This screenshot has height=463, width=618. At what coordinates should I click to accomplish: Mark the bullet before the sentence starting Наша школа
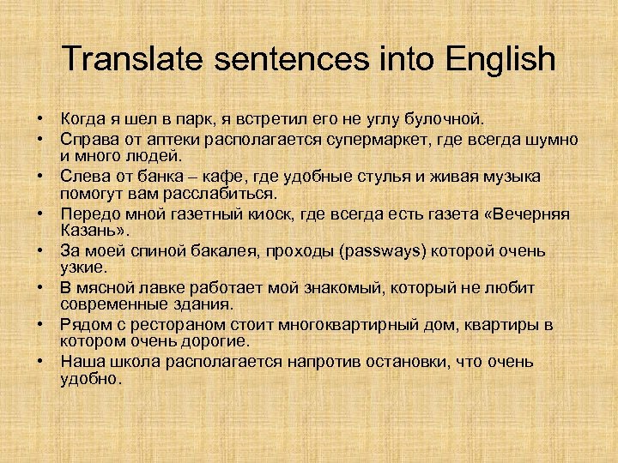(40, 363)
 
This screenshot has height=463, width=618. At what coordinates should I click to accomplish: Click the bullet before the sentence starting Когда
(40, 117)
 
